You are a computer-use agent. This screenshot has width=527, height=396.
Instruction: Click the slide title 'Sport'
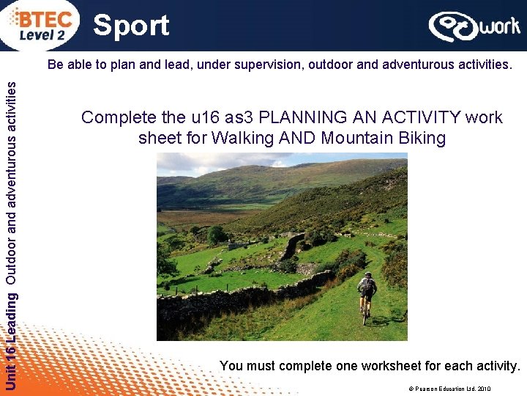[x=132, y=26]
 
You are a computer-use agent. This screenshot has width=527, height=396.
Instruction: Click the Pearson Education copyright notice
[x=451, y=389]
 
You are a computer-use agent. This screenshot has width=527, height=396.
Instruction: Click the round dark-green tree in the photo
[x=217, y=235]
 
